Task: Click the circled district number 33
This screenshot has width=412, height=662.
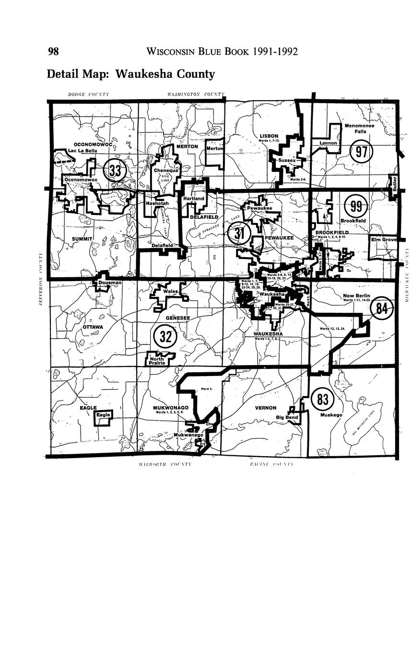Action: tap(115, 170)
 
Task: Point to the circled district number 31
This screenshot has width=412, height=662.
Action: tap(239, 235)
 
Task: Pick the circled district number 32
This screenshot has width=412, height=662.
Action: tap(165, 336)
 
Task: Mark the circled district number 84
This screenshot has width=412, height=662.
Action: tap(381, 308)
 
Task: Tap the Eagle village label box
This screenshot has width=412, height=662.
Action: tap(103, 415)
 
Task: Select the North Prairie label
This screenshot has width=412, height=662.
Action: tap(157, 361)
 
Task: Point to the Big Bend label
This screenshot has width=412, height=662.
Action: tap(287, 417)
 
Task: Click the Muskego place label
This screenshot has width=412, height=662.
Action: tap(331, 415)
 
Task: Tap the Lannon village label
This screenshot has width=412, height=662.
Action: tap(329, 143)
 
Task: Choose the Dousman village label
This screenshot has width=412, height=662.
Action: tap(110, 283)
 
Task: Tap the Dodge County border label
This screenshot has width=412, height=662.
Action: tap(88, 95)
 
